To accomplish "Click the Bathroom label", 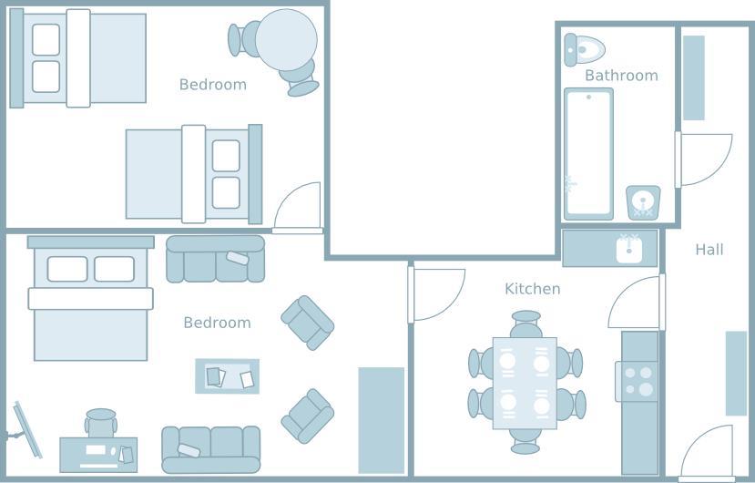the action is pyautogui.click(x=621, y=76).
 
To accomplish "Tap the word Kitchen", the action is pyautogui.click(x=533, y=289).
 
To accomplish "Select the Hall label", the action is pyautogui.click(x=709, y=249).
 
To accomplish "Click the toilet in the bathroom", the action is pyautogui.click(x=584, y=49).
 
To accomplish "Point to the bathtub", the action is pyautogui.click(x=588, y=154).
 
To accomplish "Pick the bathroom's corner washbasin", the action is pyautogui.click(x=643, y=202).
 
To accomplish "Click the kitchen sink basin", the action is pyautogui.click(x=628, y=248).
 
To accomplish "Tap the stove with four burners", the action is pyautogui.click(x=638, y=381).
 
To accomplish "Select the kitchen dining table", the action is pyautogui.click(x=525, y=384).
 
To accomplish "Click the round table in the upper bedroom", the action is pyautogui.click(x=286, y=40).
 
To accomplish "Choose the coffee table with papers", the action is pyautogui.click(x=228, y=376).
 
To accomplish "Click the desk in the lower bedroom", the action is pyautogui.click(x=98, y=455).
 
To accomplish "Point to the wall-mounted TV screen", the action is pyautogui.click(x=28, y=430).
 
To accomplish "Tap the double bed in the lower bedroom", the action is pyautogui.click(x=90, y=298).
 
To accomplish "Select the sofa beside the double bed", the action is pyautogui.click(x=215, y=259).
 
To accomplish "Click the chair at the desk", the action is pyautogui.click(x=101, y=423).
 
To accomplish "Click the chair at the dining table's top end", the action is pyautogui.click(x=525, y=324).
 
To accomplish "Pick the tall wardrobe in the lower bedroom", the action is pyautogui.click(x=382, y=420).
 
